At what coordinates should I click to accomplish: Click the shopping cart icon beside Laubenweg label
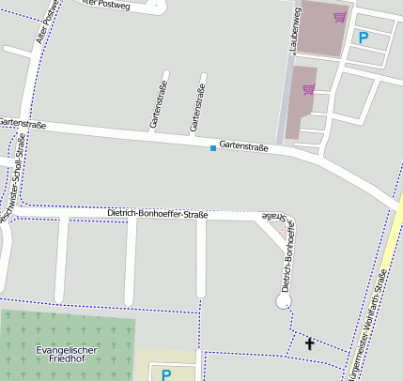pos(339,17)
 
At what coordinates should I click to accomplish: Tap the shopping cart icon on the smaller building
pos(308,89)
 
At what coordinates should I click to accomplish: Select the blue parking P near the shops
pos(364,38)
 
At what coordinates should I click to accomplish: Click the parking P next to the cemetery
pos(166,373)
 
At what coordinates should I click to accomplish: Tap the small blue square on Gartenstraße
pos(213,147)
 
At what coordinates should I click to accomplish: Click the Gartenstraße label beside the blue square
pos(243,147)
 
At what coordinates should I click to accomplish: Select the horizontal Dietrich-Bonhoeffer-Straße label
pos(157,214)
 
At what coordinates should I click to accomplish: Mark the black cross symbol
pos(310,344)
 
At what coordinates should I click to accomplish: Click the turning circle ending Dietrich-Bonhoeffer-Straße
pos(283,301)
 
